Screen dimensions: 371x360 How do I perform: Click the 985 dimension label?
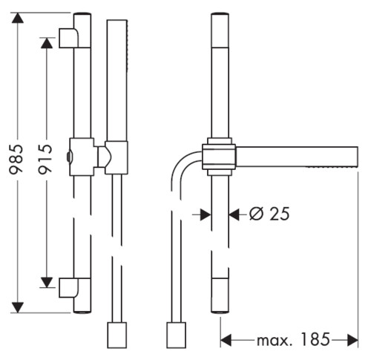16,159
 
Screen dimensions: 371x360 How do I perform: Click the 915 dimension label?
45,159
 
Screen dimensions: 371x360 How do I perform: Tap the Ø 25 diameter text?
269,214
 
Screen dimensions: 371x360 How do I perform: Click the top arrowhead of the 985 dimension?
17,18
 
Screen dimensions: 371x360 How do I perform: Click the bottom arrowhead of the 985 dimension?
17,307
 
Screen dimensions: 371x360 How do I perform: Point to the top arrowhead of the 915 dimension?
47,43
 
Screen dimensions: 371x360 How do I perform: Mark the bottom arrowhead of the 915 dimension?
47,283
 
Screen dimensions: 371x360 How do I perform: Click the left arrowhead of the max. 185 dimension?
226,340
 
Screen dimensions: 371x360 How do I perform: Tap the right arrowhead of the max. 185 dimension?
352,340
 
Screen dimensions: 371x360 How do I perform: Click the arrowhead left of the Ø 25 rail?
206,215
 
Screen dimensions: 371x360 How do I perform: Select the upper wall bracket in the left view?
69,38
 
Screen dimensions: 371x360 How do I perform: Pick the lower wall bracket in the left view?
69,287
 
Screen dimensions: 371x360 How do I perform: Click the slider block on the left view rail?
82,157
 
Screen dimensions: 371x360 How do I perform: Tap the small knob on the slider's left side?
68,157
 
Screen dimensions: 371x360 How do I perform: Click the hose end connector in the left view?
117,335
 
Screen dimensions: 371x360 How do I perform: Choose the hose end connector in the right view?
176,335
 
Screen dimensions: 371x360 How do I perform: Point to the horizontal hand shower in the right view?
297,157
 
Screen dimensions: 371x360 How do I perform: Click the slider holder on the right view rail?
219,157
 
